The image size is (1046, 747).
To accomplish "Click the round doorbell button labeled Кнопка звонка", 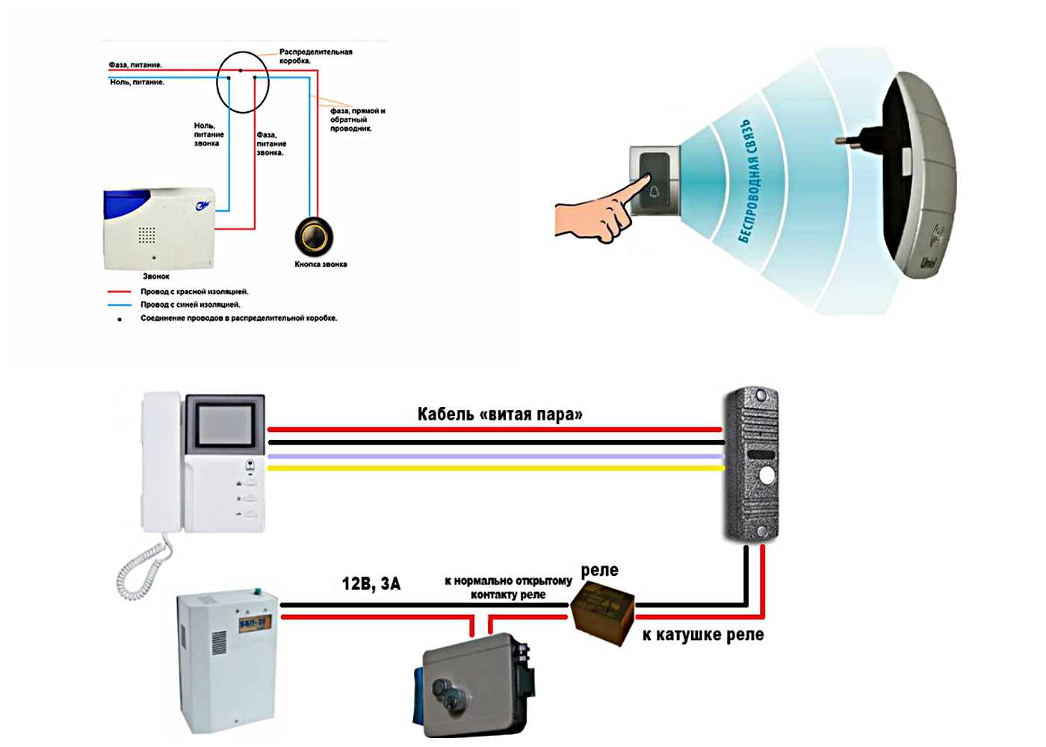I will (314, 237).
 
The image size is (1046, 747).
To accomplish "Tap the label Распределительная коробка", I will (315, 56).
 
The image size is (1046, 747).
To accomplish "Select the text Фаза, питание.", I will (135, 65).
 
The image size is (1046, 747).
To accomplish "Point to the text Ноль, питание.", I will (137, 82).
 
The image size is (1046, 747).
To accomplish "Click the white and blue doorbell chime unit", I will (159, 228).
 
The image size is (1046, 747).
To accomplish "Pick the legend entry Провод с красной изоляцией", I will (194, 292).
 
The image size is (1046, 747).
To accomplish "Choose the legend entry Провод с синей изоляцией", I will (191, 305).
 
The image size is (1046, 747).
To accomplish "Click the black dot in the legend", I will (120, 320).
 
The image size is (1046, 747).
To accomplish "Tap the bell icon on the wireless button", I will (654, 192).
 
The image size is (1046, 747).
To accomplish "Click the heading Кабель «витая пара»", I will (499, 415).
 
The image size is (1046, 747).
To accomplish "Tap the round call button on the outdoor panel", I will (767, 476).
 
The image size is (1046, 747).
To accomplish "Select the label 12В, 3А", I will (371, 584).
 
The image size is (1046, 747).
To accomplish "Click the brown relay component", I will (602, 611).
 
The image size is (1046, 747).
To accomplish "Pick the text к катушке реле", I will (703, 635).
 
